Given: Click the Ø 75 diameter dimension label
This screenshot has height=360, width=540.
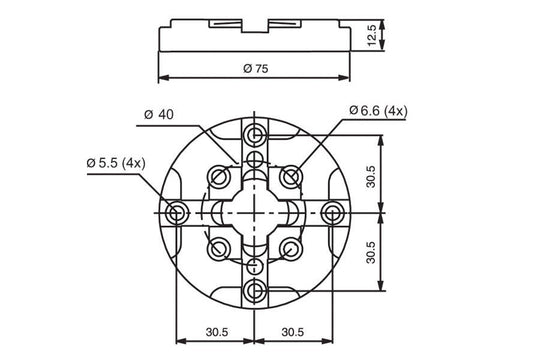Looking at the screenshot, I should coord(256,68).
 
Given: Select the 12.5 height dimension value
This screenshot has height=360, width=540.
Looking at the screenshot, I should coord(372,35).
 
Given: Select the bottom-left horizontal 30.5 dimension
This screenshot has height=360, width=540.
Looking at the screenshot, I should coord(216,332).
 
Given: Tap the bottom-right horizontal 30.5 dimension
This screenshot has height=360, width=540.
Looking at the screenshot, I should coord(295,332).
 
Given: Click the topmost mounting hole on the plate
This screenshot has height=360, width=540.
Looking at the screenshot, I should coord(256,134).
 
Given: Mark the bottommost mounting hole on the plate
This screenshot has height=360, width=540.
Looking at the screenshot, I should coord(256,290).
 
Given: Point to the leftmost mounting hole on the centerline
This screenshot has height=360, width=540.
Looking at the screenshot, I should coord(178,212).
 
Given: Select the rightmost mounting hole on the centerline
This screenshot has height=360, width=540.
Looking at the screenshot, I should coord(334,212).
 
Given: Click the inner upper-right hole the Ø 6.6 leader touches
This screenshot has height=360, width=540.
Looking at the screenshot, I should coord(291,177).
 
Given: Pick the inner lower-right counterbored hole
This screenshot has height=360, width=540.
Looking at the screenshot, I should coord(291,247).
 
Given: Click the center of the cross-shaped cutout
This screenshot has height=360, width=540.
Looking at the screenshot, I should coord(256,212).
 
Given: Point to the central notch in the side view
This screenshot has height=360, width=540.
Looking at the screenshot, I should coord(256,23).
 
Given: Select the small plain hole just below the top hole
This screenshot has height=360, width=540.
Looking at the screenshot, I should coord(256,160).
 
